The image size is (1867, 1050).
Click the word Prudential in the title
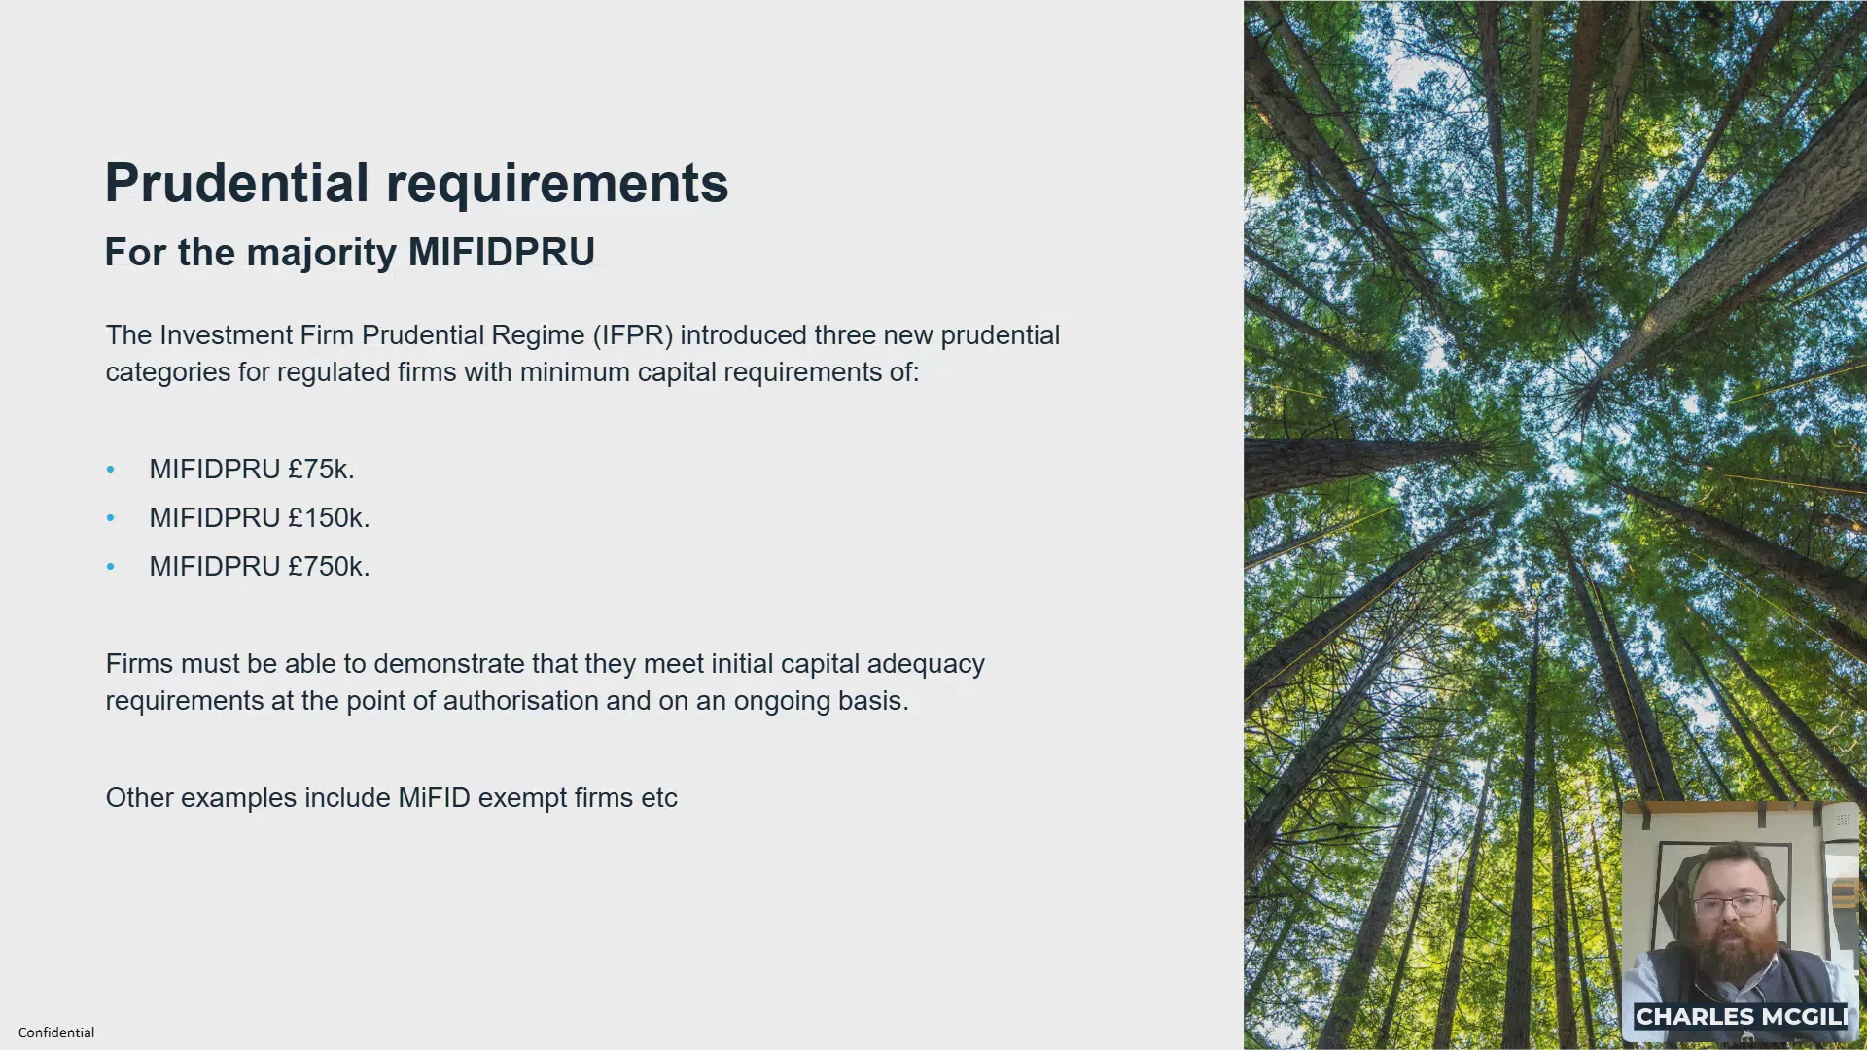point(237,183)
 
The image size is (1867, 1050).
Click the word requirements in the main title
point(557,185)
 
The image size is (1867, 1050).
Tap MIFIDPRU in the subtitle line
point(502,252)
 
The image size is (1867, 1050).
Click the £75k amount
point(321,469)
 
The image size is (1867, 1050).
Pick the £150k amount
point(329,517)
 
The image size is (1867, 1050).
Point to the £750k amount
point(329,566)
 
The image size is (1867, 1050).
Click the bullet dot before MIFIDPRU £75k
point(111,470)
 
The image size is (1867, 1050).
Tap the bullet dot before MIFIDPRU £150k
point(111,518)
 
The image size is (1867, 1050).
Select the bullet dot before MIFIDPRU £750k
point(111,567)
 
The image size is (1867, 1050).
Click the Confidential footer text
point(56,1032)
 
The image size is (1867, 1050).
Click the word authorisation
point(521,701)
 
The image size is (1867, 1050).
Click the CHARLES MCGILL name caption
point(1741,1017)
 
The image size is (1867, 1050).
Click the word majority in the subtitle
point(322,254)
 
